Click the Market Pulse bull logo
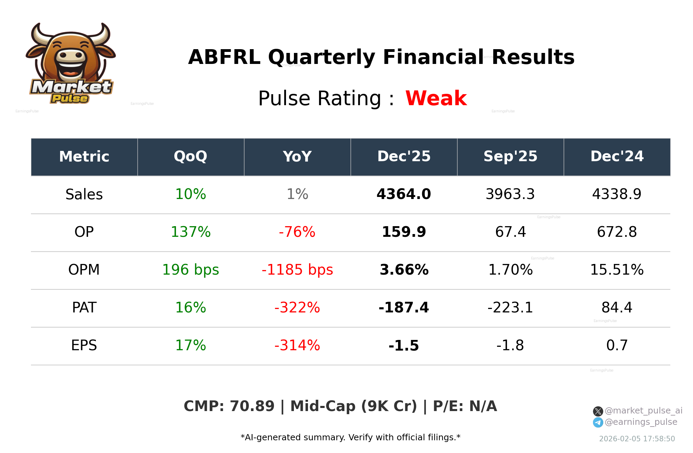point(71,63)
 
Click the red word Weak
point(436,98)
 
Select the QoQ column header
point(190,157)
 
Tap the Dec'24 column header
point(617,157)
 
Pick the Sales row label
point(84,195)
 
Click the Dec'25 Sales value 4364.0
point(404,195)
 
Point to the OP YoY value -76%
point(297,232)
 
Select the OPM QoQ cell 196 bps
point(190,270)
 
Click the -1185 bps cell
point(297,270)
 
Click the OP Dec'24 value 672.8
point(617,232)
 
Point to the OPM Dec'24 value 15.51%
point(617,270)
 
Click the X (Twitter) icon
point(598,411)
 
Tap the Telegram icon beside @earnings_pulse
point(598,422)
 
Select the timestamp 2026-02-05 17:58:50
point(637,439)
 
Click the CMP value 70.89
point(252,406)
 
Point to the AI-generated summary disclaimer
point(350,438)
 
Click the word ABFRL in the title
point(224,57)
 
